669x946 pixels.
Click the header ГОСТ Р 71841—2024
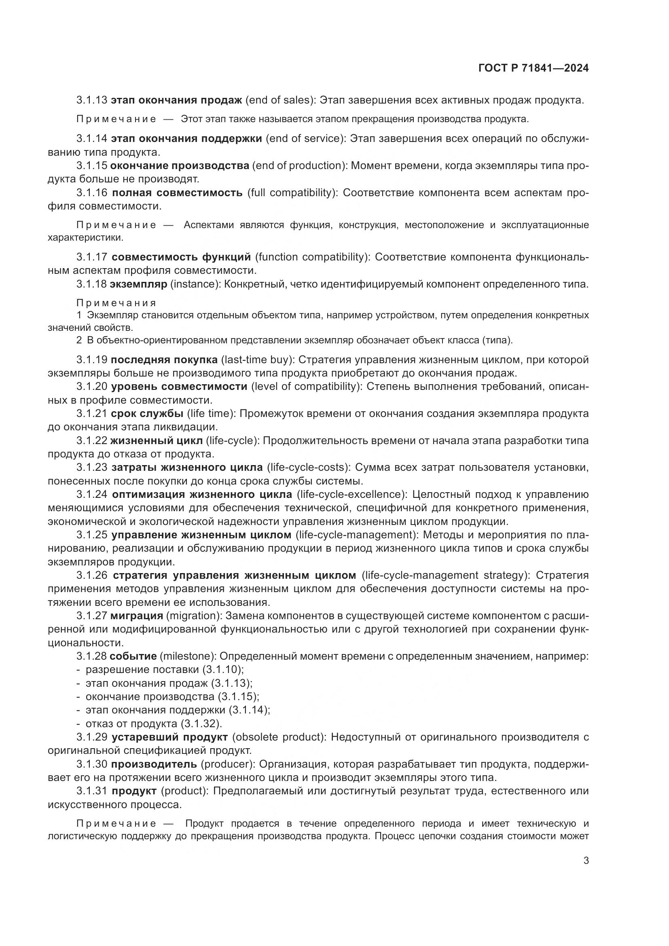534,68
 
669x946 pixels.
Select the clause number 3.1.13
92,100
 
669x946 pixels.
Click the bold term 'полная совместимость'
177,193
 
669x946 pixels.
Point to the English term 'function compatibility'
312,257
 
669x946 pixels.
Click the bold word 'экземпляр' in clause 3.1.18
139,284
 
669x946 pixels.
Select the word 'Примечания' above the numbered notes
116,303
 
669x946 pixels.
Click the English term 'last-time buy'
258,360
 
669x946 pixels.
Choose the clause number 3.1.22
91,441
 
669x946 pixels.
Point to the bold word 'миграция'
136,616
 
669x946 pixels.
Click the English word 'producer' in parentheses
226,764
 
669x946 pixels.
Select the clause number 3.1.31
92,791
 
